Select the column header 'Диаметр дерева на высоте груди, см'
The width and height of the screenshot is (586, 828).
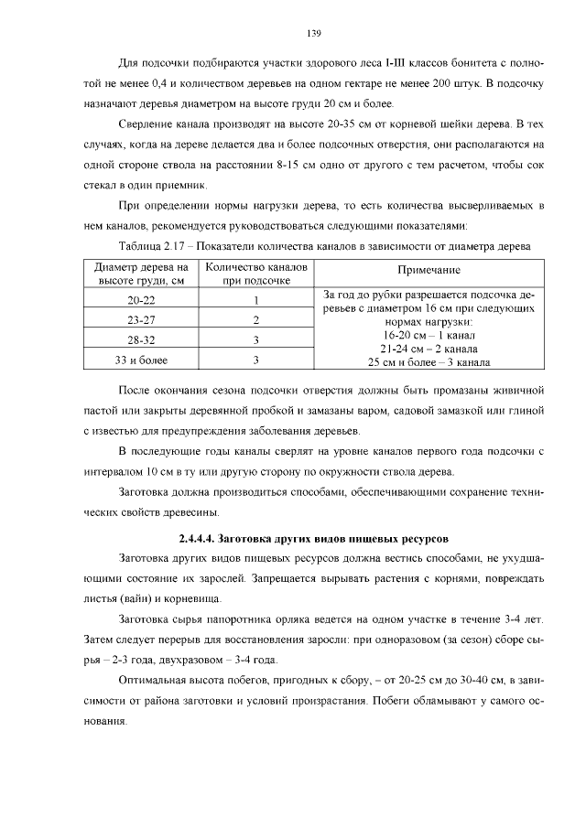point(142,273)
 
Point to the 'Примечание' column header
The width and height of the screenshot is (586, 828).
point(429,272)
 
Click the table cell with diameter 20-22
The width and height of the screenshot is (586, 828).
point(142,301)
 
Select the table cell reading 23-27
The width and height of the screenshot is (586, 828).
point(142,321)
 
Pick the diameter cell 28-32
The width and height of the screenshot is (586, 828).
point(142,340)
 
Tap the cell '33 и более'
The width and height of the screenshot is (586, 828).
point(142,360)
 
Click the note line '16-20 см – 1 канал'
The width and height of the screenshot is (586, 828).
point(429,336)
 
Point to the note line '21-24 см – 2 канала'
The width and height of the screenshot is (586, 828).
point(429,349)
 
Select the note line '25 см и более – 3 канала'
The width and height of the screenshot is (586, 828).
point(429,361)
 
